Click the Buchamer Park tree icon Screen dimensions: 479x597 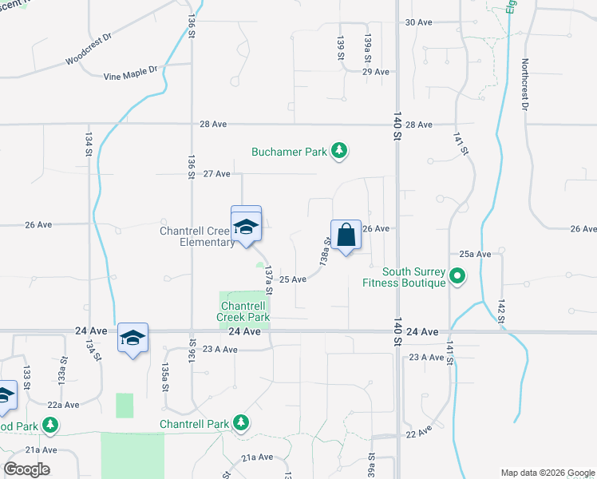340,151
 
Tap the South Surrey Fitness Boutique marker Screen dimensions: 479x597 457,277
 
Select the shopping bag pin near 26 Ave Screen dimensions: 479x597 346,236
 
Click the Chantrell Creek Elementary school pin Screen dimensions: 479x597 246,228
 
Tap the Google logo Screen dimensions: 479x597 26,469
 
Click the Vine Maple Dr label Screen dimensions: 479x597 132,75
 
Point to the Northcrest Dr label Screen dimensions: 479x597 525,84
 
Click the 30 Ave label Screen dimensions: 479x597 418,22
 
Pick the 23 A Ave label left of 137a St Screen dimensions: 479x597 219,349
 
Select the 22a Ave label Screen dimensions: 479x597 63,405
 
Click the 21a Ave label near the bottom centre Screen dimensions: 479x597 258,457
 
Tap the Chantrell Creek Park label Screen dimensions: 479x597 243,311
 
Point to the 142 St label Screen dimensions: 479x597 501,312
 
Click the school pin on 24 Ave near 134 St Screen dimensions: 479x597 132,338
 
